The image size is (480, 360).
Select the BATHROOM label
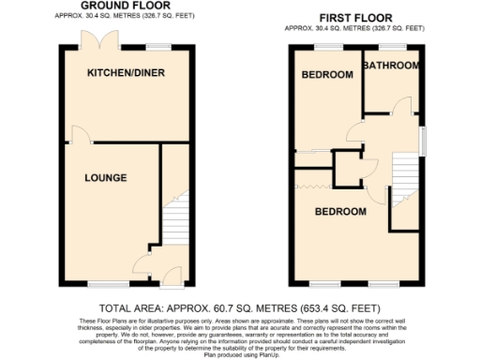pyautogui.click(x=392, y=66)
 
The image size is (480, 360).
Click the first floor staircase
pyautogui.click(x=403, y=192)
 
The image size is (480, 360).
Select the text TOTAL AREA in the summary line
pyautogui.click(x=135, y=307)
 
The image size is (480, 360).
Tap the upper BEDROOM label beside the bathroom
pyautogui.click(x=326, y=75)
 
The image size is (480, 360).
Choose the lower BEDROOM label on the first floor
pyautogui.click(x=339, y=212)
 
